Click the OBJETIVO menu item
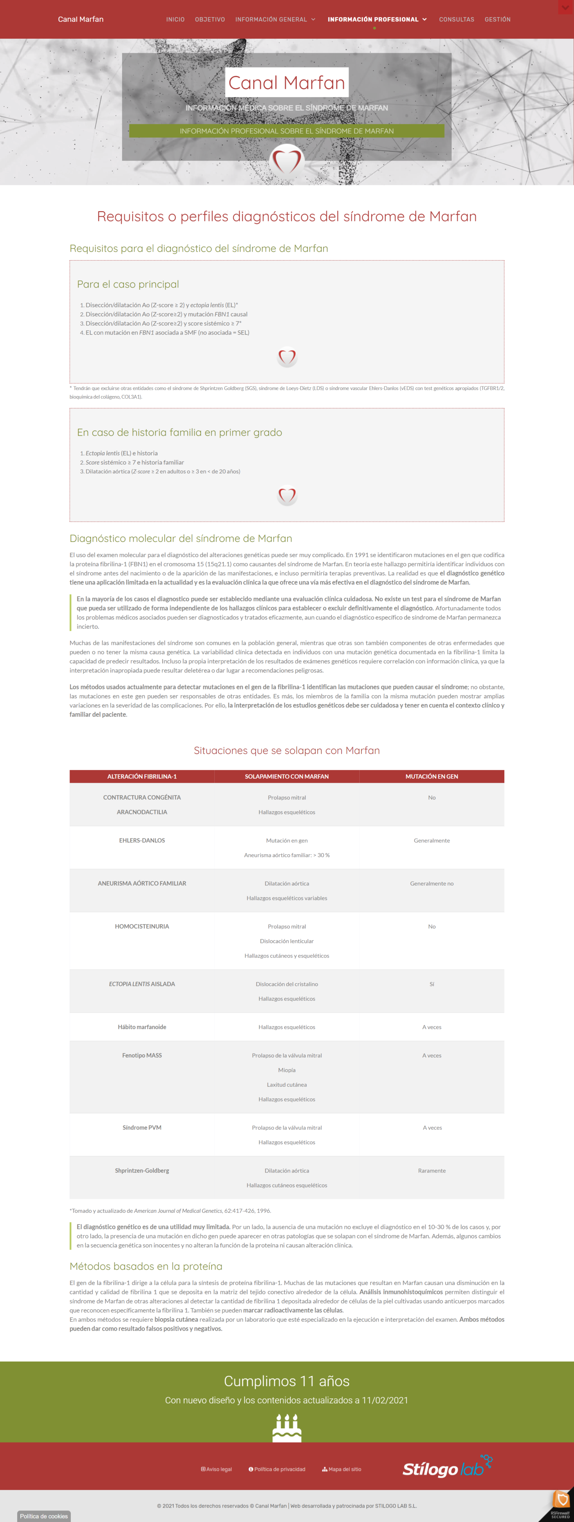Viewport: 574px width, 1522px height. point(210,20)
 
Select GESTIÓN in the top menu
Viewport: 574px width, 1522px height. point(497,20)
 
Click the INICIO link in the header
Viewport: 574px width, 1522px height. point(175,20)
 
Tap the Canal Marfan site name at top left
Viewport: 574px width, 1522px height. point(80,20)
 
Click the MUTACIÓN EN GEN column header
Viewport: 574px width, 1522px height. point(431,776)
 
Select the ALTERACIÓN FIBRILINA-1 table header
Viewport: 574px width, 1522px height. point(142,776)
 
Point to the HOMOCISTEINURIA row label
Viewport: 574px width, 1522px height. point(142,927)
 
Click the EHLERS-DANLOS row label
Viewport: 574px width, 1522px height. point(142,840)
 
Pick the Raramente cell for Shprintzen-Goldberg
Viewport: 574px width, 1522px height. point(432,1170)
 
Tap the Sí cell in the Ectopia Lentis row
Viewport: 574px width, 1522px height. point(432,984)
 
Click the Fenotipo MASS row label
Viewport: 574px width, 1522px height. point(142,1055)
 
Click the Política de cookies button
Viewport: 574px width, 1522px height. point(44,1516)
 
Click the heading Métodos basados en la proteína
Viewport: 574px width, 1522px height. point(146,1266)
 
